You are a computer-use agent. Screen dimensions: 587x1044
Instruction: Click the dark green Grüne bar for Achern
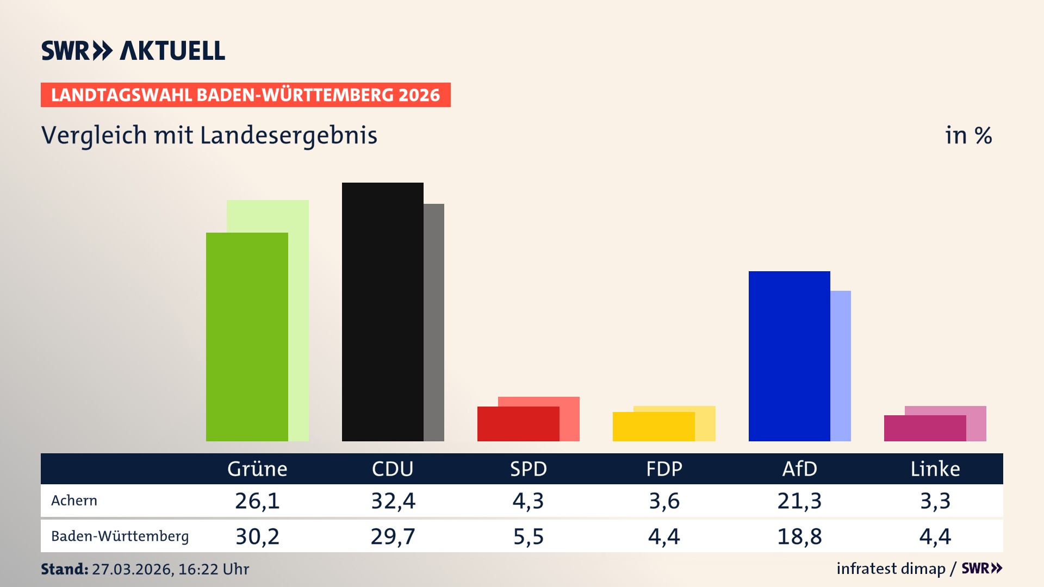[x=247, y=337]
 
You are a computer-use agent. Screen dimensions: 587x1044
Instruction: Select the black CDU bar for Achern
[x=382, y=312]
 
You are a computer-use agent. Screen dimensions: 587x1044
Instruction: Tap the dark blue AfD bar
[x=789, y=356]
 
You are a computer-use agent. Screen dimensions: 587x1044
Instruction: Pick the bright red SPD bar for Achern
[x=518, y=424]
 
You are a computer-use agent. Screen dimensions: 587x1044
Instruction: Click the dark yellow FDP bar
[x=653, y=427]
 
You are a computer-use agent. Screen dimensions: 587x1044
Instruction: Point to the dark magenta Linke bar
[x=924, y=428]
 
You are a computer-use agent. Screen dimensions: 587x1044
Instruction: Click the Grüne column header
[x=257, y=469]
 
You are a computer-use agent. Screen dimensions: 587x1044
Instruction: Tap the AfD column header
[x=799, y=469]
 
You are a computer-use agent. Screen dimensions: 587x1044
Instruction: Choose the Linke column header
[x=935, y=469]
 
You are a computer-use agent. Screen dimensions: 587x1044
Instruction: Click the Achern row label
[x=74, y=501]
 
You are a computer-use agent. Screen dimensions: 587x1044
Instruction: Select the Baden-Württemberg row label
[x=120, y=536]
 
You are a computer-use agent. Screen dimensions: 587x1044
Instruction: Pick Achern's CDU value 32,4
[x=393, y=501]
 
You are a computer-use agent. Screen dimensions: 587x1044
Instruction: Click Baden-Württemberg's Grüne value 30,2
[x=257, y=536]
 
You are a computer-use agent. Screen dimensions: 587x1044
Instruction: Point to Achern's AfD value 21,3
[x=799, y=501]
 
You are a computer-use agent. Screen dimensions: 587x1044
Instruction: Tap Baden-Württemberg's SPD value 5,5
[x=529, y=536]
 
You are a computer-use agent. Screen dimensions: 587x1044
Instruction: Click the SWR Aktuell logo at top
[x=133, y=51]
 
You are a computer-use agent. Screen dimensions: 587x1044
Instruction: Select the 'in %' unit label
[x=968, y=135]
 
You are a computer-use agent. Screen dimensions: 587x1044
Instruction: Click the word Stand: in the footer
[x=64, y=569]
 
